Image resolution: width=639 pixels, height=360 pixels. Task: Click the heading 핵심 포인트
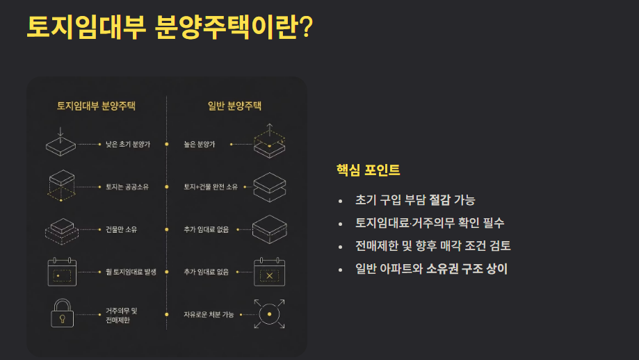pyautogui.click(x=368, y=170)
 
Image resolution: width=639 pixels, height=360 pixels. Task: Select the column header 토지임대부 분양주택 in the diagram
pyautogui.click(x=96, y=106)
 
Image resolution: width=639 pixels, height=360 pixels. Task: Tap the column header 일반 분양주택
pyautogui.click(x=234, y=106)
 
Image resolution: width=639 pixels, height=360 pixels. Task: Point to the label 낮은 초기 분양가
pyautogui.click(x=128, y=144)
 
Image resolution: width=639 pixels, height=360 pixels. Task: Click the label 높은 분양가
pyautogui.click(x=200, y=144)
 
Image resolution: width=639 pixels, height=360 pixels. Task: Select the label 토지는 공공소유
pyautogui.click(x=127, y=187)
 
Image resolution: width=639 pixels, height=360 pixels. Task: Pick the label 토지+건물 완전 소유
pyautogui.click(x=211, y=187)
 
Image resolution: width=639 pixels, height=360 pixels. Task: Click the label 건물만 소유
pyautogui.click(x=122, y=229)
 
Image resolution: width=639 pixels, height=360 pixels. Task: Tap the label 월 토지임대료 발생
pyautogui.click(x=131, y=272)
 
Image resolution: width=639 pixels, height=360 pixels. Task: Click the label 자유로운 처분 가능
pyautogui.click(x=209, y=314)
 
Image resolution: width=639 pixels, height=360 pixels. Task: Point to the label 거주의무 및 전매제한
pyautogui.click(x=122, y=316)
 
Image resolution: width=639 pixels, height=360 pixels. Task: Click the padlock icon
pyautogui.click(x=63, y=313)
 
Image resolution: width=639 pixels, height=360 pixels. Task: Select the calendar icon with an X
pyautogui.click(x=269, y=272)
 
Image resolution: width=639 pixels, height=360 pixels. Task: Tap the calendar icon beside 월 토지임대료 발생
pyautogui.click(x=62, y=272)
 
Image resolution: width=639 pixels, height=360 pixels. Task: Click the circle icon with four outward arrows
pyautogui.click(x=269, y=314)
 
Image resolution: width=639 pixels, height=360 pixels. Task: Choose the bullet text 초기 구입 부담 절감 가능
pyautogui.click(x=415, y=200)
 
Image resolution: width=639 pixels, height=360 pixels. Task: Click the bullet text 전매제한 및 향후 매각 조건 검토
pyautogui.click(x=432, y=246)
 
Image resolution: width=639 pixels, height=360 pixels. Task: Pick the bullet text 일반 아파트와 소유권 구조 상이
pyautogui.click(x=431, y=269)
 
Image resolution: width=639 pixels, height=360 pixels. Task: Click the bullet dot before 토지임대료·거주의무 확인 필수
pyautogui.click(x=340, y=224)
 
